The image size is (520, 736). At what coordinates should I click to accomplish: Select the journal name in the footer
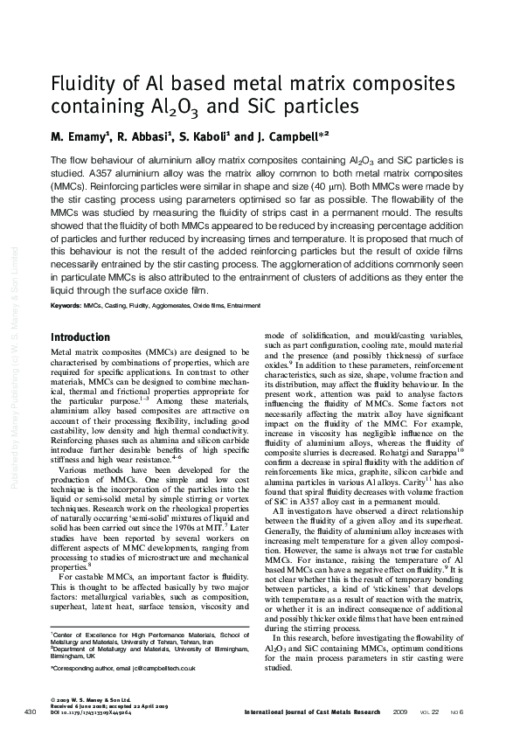312,712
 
